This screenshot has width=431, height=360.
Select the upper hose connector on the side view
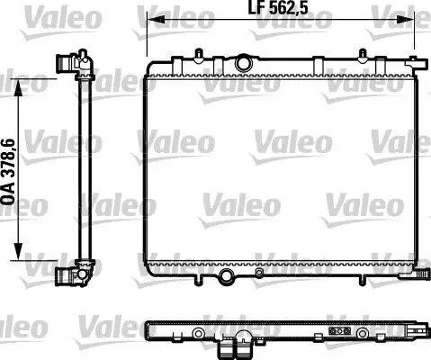coord(66,64)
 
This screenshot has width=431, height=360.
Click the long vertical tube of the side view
coord(84,171)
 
